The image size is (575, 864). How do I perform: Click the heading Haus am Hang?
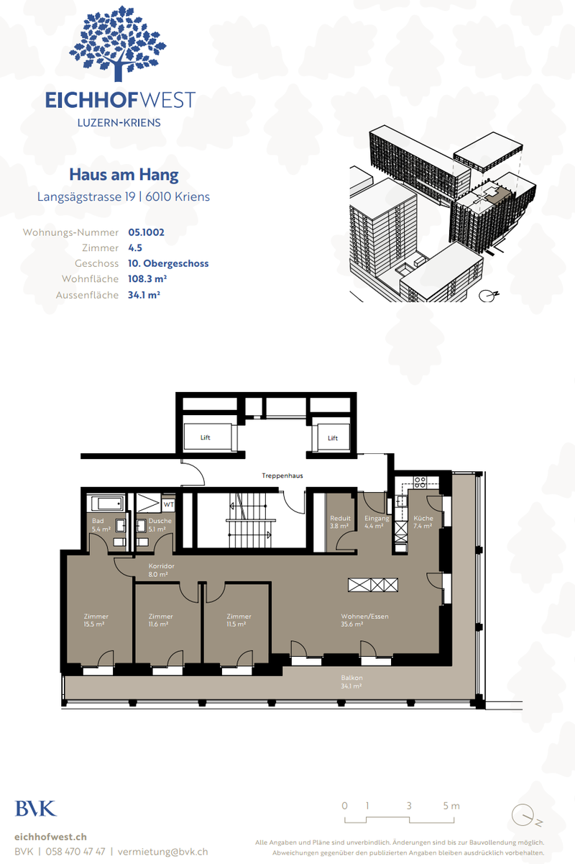(x=124, y=174)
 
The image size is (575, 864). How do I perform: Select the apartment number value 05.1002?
(x=147, y=232)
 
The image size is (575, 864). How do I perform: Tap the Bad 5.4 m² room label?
(x=98, y=524)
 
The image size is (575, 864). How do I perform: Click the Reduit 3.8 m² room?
(x=340, y=522)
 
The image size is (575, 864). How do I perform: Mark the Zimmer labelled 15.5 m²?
(x=96, y=620)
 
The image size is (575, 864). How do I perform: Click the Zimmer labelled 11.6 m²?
(x=160, y=620)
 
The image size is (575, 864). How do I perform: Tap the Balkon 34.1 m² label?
(x=351, y=682)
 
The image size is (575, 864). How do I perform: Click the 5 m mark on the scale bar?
(x=451, y=806)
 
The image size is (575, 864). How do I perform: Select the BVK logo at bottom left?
(x=35, y=809)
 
